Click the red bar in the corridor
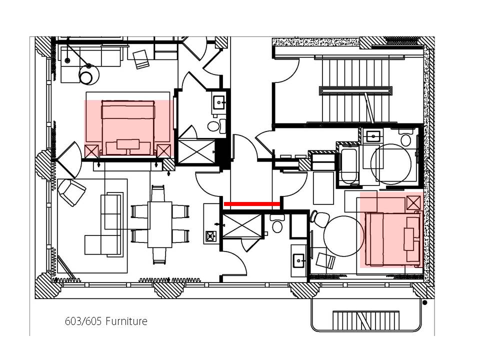[252, 204]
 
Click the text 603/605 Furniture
[106, 321]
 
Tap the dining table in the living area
[159, 224]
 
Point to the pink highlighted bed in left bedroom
[128, 128]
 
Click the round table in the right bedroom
[344, 235]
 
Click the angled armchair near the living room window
[72, 192]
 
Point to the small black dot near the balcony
[424, 302]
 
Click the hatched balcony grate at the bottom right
[366, 320]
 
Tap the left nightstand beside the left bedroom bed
[91, 151]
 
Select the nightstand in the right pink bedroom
[413, 202]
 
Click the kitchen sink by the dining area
[210, 236]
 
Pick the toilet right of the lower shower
[277, 223]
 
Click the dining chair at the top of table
[158, 193]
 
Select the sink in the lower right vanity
[299, 261]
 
